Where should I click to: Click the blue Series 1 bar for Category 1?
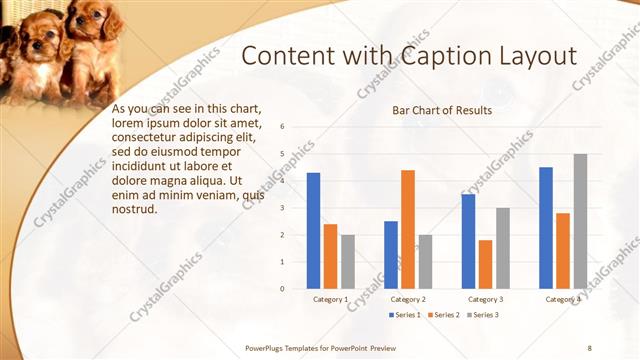pyautogui.click(x=313, y=231)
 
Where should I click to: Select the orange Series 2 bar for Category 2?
pyautogui.click(x=407, y=229)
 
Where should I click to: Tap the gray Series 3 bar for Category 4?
pyautogui.click(x=580, y=221)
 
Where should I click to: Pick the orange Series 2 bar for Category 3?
pyautogui.click(x=485, y=264)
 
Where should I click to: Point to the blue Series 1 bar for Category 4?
pyautogui.click(x=546, y=228)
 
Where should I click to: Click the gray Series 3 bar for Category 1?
pyautogui.click(x=347, y=262)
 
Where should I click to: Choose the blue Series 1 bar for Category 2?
pyautogui.click(x=390, y=255)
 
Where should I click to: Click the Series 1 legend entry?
pyautogui.click(x=404, y=315)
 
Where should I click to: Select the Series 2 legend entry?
pyautogui.click(x=445, y=315)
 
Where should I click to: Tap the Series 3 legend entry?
pyautogui.click(x=483, y=315)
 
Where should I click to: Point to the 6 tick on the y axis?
pyautogui.click(x=283, y=127)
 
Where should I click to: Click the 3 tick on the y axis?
pyautogui.click(x=283, y=208)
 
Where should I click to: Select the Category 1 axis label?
pyautogui.click(x=331, y=299)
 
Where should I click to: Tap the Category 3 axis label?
pyautogui.click(x=486, y=299)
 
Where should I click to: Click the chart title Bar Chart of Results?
pyautogui.click(x=442, y=110)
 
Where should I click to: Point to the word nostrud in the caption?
pyautogui.click(x=136, y=208)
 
